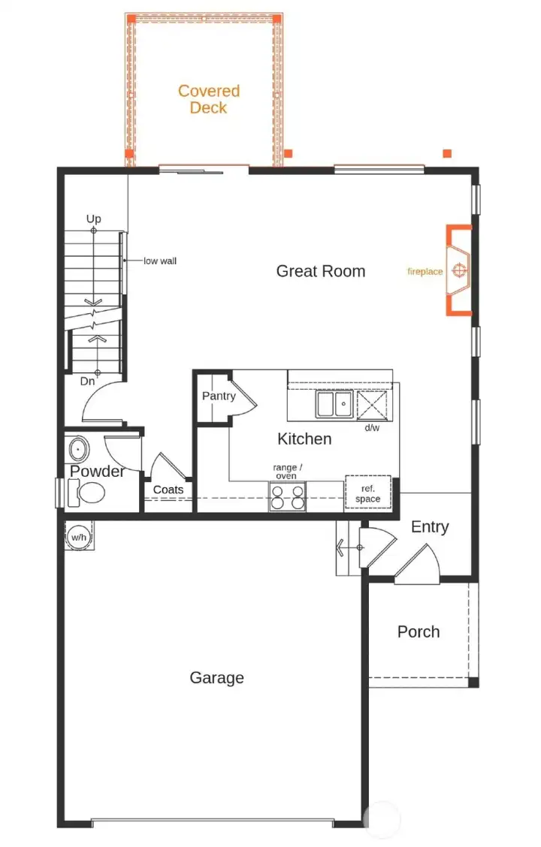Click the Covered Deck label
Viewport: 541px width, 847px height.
click(x=209, y=99)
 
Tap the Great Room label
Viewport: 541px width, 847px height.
click(x=321, y=271)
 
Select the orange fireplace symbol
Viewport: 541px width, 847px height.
click(x=458, y=270)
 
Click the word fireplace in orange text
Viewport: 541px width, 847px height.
click(x=425, y=272)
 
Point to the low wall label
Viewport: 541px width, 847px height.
click(x=160, y=261)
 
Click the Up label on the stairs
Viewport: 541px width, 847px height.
click(x=93, y=219)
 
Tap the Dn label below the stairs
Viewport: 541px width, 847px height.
click(x=88, y=381)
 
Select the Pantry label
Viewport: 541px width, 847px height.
click(x=219, y=396)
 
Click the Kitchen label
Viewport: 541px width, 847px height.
click(x=304, y=439)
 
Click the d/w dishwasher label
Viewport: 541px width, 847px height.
click(x=372, y=428)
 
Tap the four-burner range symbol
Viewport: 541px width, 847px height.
click(x=288, y=497)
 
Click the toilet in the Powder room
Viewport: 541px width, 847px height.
click(x=88, y=493)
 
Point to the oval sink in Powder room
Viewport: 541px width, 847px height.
click(x=77, y=450)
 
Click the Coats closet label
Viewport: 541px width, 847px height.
click(x=168, y=490)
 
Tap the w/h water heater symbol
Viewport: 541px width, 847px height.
click(x=78, y=537)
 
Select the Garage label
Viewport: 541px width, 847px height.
click(x=216, y=678)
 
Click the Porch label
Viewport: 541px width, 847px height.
click(x=419, y=631)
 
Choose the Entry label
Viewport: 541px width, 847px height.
click(x=430, y=527)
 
